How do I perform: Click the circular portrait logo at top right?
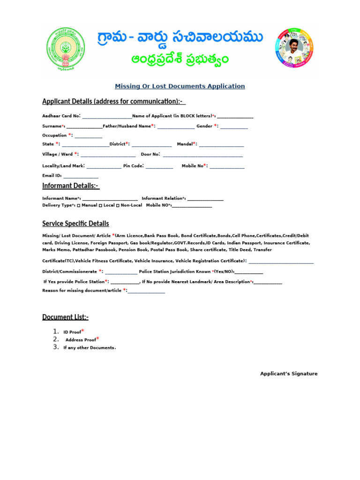coord(294,48)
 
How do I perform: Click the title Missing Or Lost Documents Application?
coord(180,86)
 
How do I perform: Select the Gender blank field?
coord(234,127)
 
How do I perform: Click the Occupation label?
coord(55,135)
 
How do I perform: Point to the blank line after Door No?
coord(202,155)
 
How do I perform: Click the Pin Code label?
coord(133,166)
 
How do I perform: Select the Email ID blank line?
coord(81,176)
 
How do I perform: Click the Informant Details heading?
coord(70,186)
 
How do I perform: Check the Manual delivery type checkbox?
coord(78,205)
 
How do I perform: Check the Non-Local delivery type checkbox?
coord(118,205)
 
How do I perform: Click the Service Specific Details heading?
coord(75,224)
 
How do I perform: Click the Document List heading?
coord(65,317)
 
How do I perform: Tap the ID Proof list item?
coord(73,332)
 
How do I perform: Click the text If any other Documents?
coord(90,348)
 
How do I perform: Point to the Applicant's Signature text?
coord(289,374)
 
